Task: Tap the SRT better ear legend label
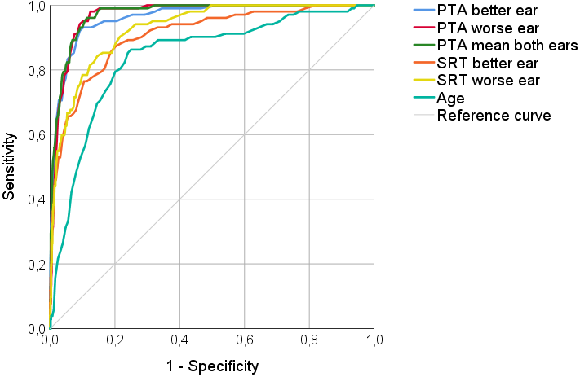[488, 63]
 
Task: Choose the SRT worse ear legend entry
[489, 80]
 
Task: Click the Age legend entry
[450, 98]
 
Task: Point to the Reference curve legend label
[494, 115]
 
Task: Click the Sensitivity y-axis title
[11, 167]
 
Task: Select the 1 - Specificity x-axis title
[212, 366]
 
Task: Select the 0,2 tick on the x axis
[115, 339]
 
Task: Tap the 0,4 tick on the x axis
[179, 339]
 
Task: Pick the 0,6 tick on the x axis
[245, 339]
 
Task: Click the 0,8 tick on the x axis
[310, 339]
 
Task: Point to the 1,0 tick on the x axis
[374, 339]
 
